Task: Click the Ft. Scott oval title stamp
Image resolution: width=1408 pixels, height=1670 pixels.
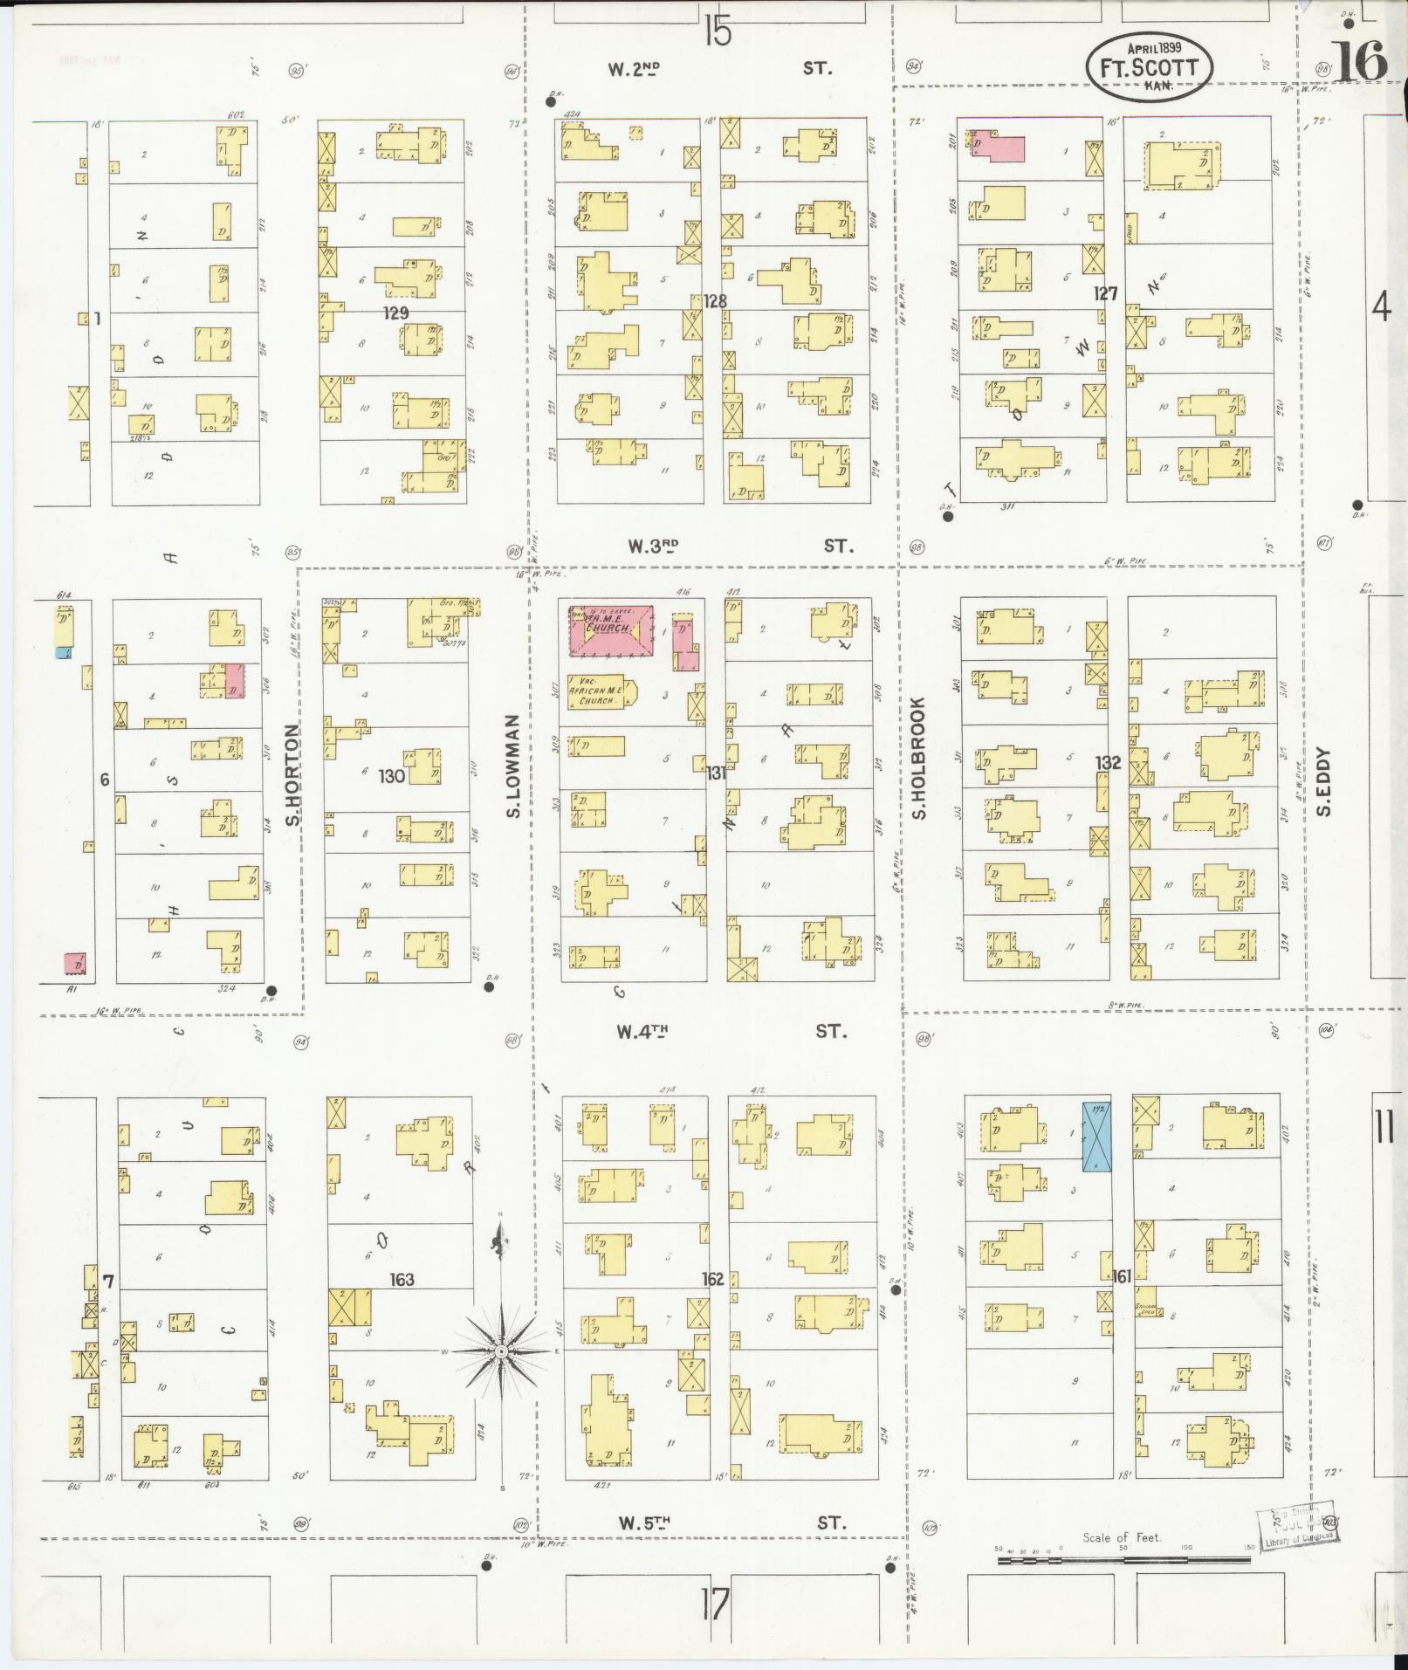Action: [x=1150, y=68]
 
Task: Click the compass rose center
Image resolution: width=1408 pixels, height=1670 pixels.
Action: [x=501, y=1376]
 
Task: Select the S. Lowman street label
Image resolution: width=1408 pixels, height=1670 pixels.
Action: [x=513, y=767]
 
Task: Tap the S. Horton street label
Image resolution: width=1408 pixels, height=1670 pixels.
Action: [x=294, y=774]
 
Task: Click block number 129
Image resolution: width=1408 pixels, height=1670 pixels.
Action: [x=396, y=313]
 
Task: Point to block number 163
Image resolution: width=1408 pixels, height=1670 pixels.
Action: [x=402, y=1280]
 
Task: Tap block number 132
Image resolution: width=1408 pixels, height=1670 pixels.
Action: [x=1108, y=763]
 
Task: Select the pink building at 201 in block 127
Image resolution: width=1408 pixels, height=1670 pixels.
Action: [x=998, y=146]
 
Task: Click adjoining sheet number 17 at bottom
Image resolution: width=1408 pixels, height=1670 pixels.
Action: [x=713, y=1603]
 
